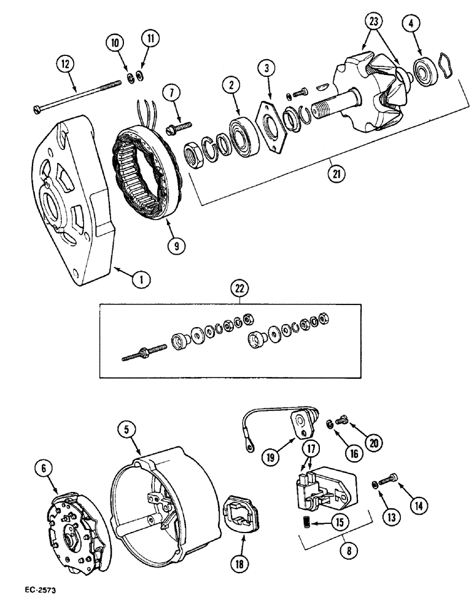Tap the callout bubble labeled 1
point(141,280)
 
